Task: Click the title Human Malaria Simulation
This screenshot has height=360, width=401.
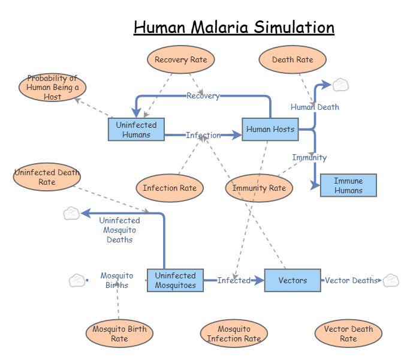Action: point(234,28)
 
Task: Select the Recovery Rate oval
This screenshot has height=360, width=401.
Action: point(180,59)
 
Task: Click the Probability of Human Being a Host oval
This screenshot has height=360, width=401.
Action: point(52,88)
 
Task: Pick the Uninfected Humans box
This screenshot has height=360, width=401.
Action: point(136,130)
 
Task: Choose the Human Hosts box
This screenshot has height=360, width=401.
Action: point(270,129)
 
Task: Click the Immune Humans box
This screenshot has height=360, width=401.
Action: point(348,185)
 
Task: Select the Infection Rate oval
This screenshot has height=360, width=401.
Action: point(170,188)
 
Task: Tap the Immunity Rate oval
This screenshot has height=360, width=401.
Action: point(259,188)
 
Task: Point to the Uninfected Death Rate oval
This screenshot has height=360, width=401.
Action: point(47,178)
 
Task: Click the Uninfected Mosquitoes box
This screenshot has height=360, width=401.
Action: point(175,280)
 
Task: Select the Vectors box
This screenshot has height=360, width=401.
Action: point(293,280)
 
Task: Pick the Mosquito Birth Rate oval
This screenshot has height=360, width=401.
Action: point(119,334)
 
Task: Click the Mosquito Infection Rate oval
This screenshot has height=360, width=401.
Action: point(234,334)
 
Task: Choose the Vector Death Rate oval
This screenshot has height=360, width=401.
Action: point(348,334)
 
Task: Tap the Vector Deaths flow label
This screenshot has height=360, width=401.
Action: point(351,280)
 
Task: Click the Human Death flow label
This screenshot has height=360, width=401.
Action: point(315,107)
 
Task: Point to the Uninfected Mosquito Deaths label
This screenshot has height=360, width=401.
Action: point(119,230)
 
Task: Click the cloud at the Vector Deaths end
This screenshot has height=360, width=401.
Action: point(391,280)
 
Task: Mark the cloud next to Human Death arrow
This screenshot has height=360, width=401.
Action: point(340,85)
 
